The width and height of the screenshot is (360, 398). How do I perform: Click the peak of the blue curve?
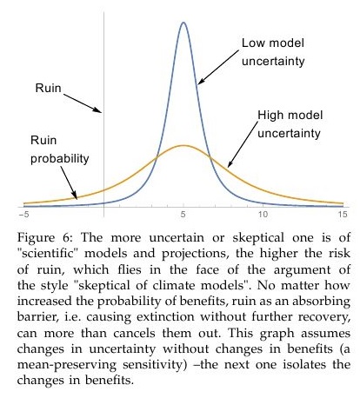(x=183, y=23)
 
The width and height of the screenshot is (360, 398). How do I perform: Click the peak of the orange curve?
(x=183, y=145)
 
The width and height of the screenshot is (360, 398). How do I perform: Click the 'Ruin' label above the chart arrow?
(x=49, y=88)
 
